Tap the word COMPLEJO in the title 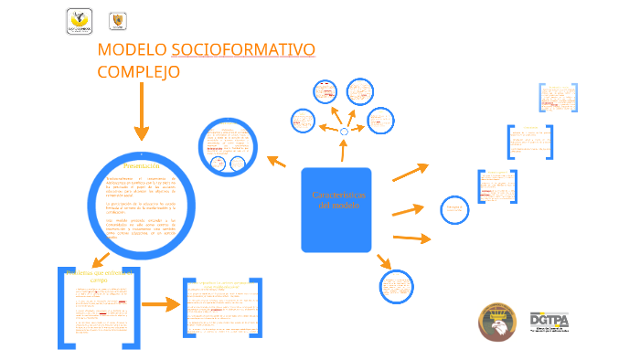[x=138, y=71]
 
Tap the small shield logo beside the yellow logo [x=117, y=20]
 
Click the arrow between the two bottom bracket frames [x=161, y=305]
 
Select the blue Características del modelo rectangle [x=336, y=209]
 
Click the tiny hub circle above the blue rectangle [x=344, y=132]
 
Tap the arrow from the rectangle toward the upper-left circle [x=276, y=162]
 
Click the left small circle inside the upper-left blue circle [x=218, y=164]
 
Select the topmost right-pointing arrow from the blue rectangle [x=410, y=171]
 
